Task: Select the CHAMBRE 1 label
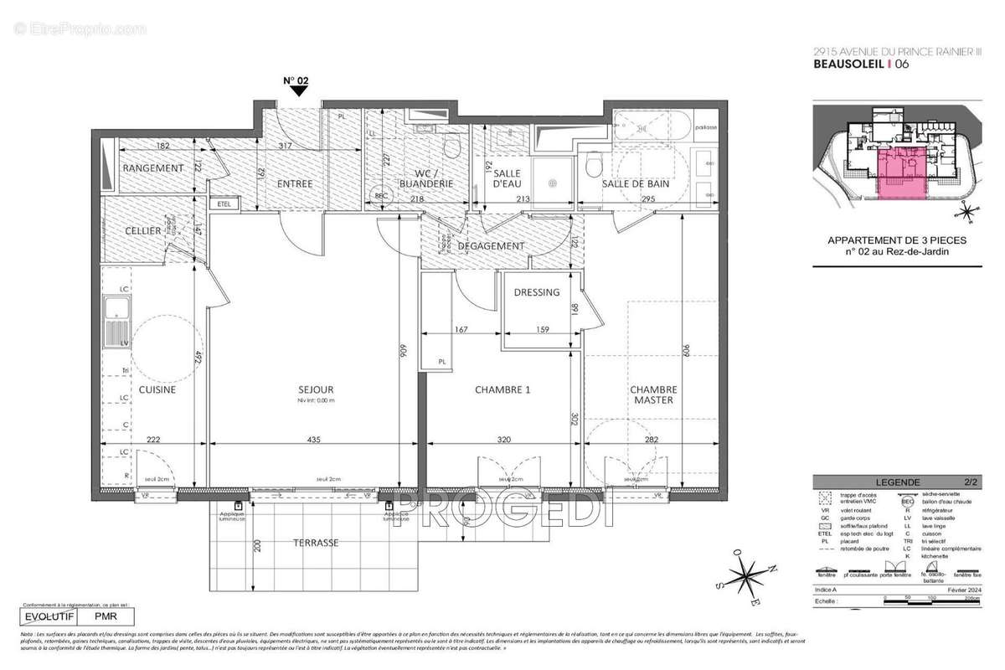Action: point(502,389)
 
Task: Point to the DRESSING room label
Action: point(537,292)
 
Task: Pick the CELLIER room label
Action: point(143,230)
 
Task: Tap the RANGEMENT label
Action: point(153,168)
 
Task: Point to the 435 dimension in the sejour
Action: point(312,440)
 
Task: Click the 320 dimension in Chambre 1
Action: point(502,440)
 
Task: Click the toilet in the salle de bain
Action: point(595,163)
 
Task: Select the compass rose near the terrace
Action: point(743,578)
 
